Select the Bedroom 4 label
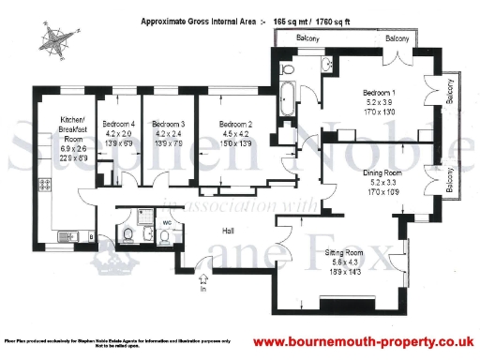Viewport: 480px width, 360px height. [x=119, y=124]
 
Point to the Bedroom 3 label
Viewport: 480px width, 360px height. [x=169, y=124]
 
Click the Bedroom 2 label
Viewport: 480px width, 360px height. [x=236, y=124]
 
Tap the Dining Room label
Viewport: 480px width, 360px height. [x=383, y=173]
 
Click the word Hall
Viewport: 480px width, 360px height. [x=228, y=230]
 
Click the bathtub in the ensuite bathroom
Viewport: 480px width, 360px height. [x=289, y=94]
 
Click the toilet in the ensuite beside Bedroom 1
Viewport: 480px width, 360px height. [x=290, y=67]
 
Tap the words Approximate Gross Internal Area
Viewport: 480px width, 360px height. [x=196, y=20]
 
